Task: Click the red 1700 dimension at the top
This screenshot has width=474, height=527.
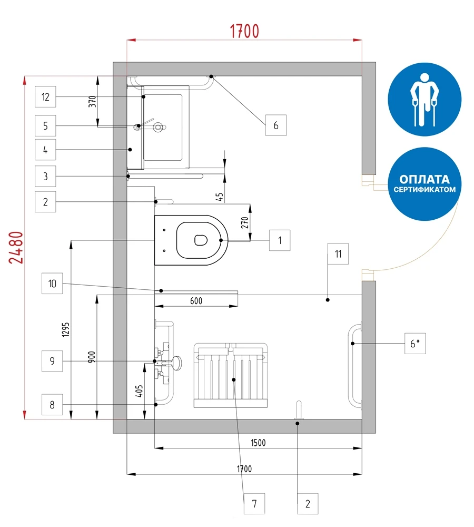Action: (244, 31)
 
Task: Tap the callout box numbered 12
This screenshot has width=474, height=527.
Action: (45, 97)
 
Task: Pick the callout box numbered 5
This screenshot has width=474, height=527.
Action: (45, 126)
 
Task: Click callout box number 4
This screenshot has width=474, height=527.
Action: (45, 150)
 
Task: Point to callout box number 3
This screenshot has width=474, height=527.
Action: (45, 177)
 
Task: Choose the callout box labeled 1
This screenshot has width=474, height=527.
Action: (280, 241)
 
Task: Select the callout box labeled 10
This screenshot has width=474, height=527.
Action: (53, 284)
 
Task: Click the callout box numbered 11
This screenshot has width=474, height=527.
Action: (338, 254)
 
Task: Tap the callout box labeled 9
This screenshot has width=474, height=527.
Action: (53, 361)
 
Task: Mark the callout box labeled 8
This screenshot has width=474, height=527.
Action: (53, 404)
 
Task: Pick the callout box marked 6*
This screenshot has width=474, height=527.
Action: (416, 344)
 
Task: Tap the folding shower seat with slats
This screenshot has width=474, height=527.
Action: (232, 375)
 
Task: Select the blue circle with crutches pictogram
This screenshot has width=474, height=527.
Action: (424, 100)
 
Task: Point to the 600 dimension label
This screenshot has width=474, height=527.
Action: (196, 301)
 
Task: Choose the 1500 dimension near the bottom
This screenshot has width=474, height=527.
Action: (258, 443)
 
